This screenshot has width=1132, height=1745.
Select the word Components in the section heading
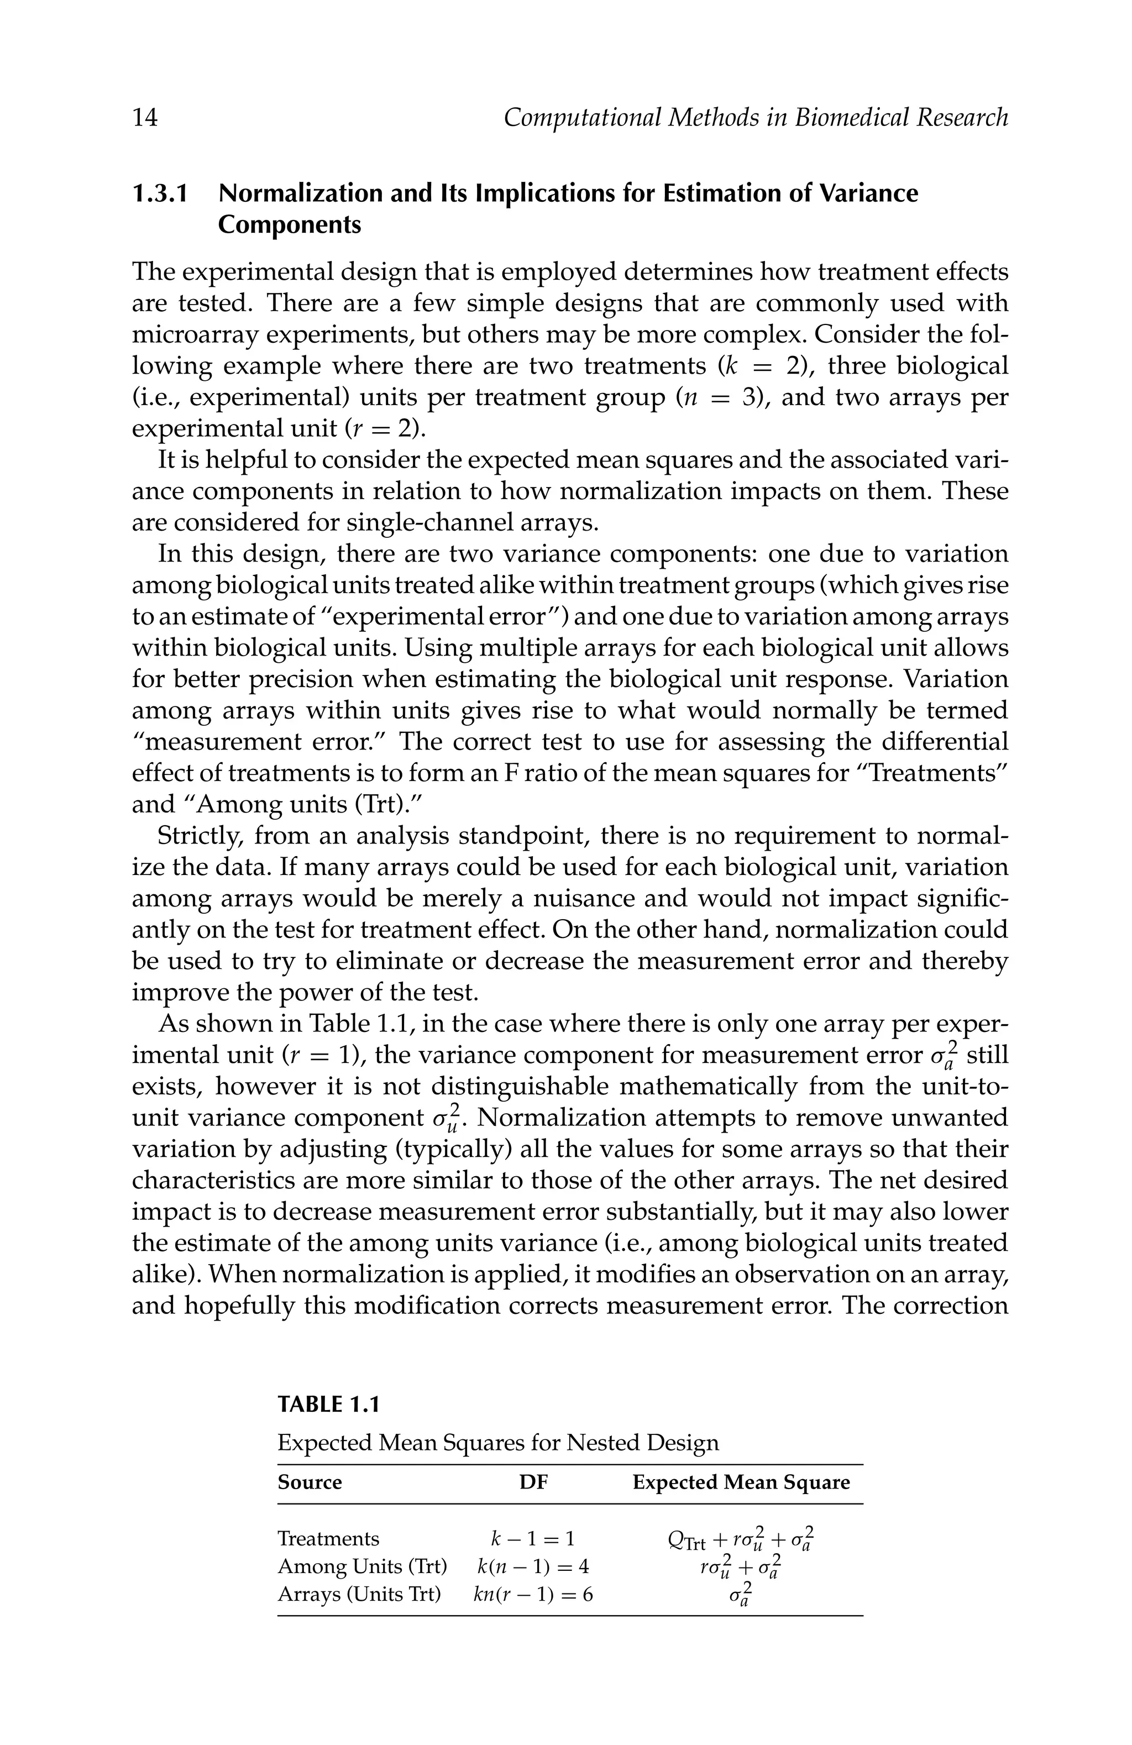coord(290,224)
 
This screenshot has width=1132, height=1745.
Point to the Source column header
coord(310,1482)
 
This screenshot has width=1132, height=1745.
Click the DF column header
coord(533,1482)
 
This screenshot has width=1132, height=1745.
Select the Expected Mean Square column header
coord(741,1482)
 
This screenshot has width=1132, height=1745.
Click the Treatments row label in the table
coord(328,1538)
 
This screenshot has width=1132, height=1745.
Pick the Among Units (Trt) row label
coord(362,1566)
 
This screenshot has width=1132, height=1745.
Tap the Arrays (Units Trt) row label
coord(359,1594)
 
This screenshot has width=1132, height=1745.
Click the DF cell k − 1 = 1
coord(532,1538)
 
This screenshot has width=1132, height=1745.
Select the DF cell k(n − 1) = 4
coord(532,1566)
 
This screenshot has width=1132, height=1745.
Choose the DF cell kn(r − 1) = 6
coord(532,1594)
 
